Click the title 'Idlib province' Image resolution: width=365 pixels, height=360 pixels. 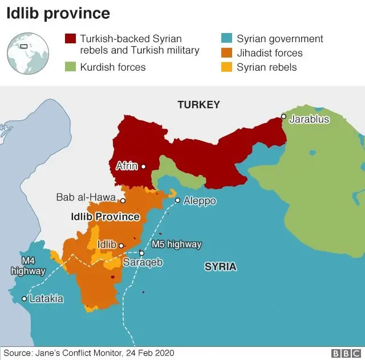(59, 13)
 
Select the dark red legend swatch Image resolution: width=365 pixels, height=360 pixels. (70, 39)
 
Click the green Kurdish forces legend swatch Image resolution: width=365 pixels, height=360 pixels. (70, 67)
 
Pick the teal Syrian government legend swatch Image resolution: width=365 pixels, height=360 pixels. (227, 39)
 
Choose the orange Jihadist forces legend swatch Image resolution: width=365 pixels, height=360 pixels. (227, 53)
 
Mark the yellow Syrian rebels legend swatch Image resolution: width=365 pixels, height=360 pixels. (227, 67)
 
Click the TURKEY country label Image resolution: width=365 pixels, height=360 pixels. (198, 105)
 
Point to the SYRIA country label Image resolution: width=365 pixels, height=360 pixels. (220, 267)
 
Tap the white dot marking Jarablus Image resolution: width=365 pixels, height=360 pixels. (283, 117)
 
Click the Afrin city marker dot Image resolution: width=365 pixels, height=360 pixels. (143, 167)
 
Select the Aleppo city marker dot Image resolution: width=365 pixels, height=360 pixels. (177, 200)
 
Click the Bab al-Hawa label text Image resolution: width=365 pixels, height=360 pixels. (86, 198)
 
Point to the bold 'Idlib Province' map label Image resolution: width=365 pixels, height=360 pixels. (105, 217)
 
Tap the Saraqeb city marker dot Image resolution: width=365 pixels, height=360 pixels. (141, 253)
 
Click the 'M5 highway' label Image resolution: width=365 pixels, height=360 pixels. (176, 244)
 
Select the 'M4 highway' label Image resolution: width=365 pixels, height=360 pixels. (28, 266)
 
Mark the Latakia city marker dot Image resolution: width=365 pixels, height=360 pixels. (24, 298)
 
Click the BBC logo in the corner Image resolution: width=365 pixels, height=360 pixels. (345, 353)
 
